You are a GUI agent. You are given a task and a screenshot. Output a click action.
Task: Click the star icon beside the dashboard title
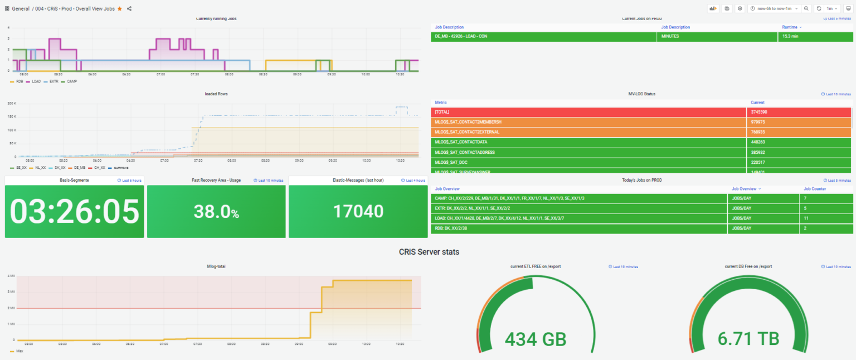click(119, 9)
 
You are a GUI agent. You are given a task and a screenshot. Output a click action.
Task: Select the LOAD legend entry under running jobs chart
click(35, 81)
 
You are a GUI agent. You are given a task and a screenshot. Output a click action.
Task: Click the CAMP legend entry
click(70, 81)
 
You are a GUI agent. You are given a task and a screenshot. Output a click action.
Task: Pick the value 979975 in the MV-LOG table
click(759, 122)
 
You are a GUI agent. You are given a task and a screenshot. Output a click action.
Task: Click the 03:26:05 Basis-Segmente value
click(74, 212)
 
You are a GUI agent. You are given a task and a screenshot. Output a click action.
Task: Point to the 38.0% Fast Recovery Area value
click(216, 212)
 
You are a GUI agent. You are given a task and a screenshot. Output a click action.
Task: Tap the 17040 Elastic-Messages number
click(358, 212)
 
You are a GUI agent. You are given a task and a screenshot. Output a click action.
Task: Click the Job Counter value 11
click(806, 218)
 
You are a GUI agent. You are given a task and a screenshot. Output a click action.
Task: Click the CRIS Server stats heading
click(429, 252)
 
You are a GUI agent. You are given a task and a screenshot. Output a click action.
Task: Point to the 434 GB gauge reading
click(535, 339)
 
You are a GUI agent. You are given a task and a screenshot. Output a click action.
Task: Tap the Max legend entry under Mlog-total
click(18, 351)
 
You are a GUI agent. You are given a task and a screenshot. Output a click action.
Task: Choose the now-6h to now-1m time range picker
click(774, 8)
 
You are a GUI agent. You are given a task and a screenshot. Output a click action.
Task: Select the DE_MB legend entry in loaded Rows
click(79, 167)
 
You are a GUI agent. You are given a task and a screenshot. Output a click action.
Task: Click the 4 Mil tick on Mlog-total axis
click(11, 276)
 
